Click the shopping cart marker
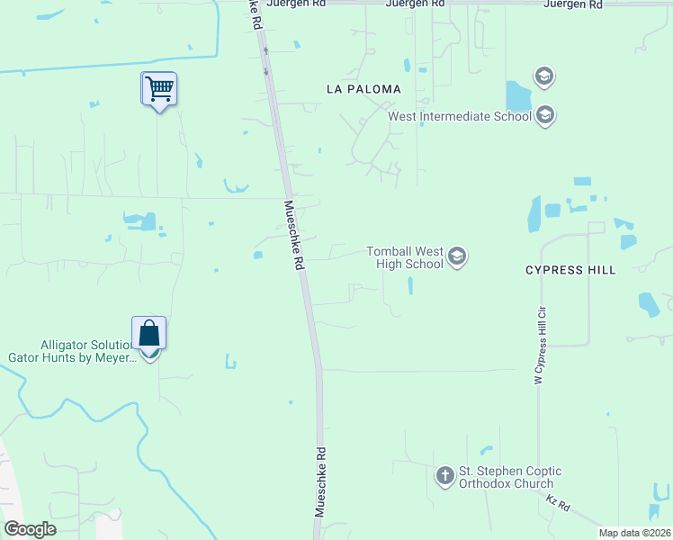(x=159, y=89)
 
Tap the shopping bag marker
(x=148, y=334)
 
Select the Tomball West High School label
(x=405, y=257)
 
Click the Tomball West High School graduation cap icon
(x=457, y=257)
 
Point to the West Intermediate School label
(x=459, y=116)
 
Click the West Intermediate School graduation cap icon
(x=543, y=115)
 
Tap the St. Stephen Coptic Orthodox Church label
(x=510, y=477)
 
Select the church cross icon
(x=444, y=475)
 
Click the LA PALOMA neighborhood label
(x=363, y=90)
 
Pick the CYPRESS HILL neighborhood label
(x=570, y=270)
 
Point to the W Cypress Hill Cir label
(x=539, y=346)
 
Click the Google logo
(x=30, y=529)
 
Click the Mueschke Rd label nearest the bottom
(x=319, y=481)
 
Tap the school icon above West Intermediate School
(x=543, y=76)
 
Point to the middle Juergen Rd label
(x=414, y=4)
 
